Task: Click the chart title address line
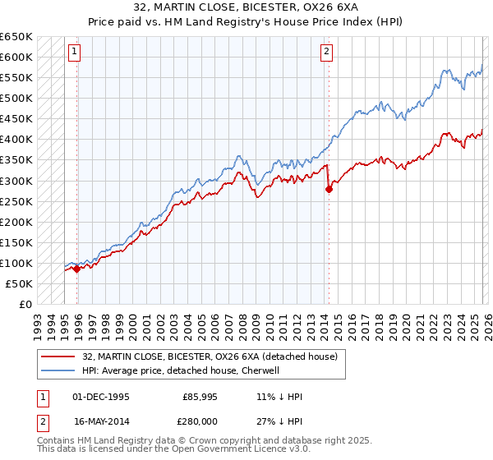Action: [x=246, y=7]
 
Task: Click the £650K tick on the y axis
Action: [x=16, y=37]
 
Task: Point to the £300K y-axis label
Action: [x=16, y=181]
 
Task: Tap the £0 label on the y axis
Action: [x=25, y=304]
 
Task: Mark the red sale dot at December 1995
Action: [x=76, y=269]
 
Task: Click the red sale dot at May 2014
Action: [x=329, y=189]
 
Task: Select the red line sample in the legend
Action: [x=58, y=356]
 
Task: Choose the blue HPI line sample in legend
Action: [x=58, y=370]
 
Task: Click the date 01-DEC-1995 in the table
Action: [x=100, y=397]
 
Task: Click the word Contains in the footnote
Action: [x=56, y=441]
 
